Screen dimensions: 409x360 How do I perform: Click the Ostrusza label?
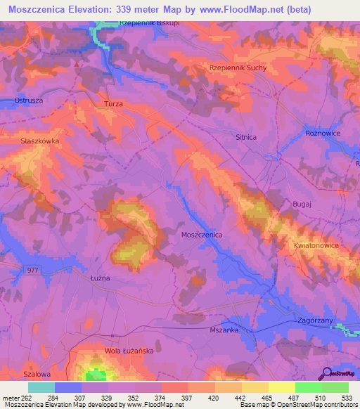[28, 100]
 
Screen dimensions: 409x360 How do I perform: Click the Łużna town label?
[101, 278]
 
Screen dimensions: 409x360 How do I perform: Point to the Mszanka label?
[224, 330]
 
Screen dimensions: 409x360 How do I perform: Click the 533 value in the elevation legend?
[347, 398]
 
